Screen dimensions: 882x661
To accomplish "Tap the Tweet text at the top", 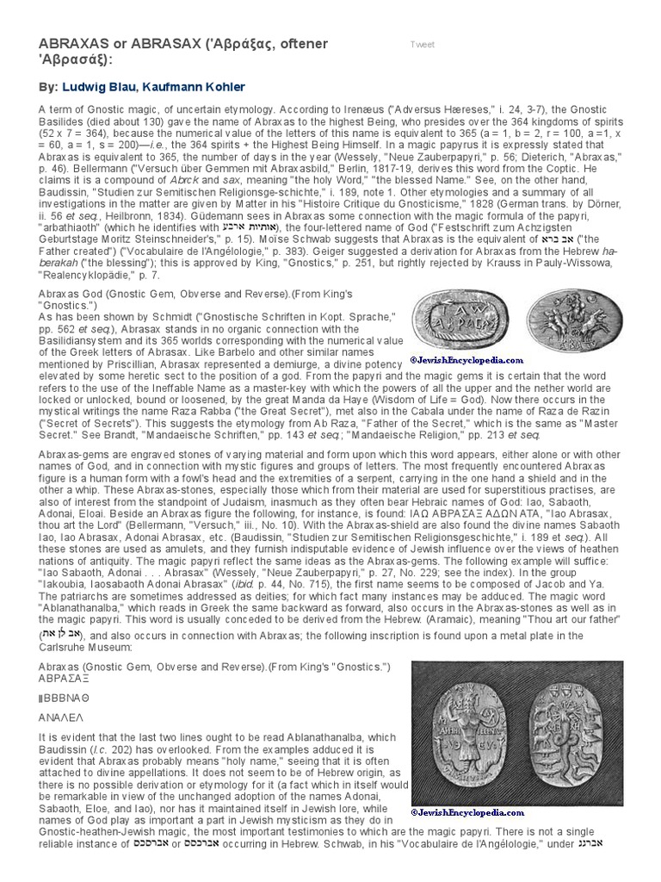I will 422,44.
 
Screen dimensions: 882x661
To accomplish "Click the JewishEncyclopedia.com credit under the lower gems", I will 466,811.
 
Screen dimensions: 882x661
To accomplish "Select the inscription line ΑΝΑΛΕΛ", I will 61,715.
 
